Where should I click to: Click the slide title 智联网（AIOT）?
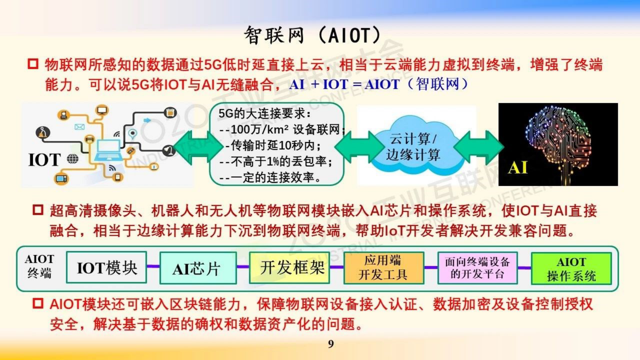coord(313,36)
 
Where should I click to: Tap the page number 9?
coord(331,344)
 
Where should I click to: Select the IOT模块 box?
coord(106,268)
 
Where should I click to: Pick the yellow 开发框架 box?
coord(290,268)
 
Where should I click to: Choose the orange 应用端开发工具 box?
coord(384,268)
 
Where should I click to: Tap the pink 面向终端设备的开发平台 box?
coord(477,268)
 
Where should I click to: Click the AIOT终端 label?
coord(39,266)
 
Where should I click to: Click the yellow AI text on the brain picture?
coord(518,167)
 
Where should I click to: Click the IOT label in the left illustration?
coord(44,160)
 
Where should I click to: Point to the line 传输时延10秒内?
coord(273,145)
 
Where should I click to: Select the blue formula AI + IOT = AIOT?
coord(344,84)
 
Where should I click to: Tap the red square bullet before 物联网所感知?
coord(33,64)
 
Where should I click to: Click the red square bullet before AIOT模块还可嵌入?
coord(38,303)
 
